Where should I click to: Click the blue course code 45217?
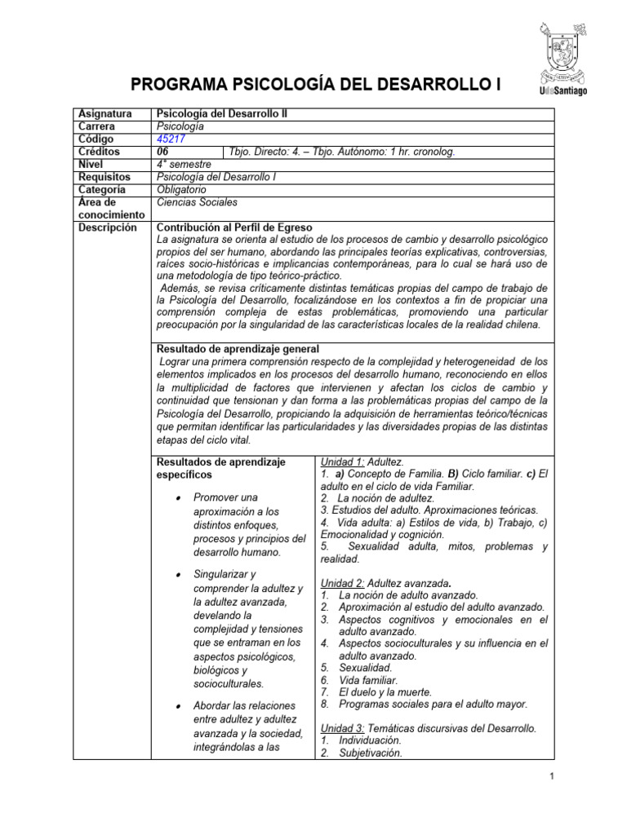pos(170,139)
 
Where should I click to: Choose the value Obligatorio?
pos(182,188)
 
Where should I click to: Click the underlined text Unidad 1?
pos(342,462)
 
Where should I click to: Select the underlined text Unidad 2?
pos(342,583)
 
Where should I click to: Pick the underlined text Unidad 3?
pos(342,728)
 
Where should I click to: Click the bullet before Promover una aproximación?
pos(177,497)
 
